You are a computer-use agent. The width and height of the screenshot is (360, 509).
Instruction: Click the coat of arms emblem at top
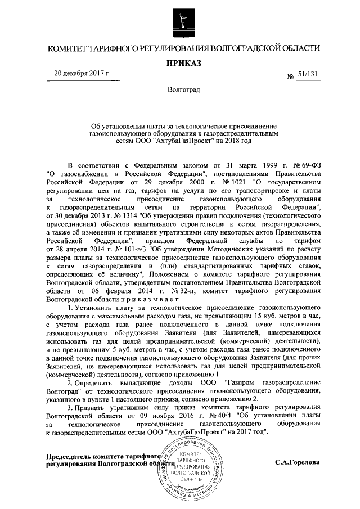pyautogui.click(x=179, y=21)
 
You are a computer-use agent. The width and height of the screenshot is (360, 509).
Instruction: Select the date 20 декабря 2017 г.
pyautogui.click(x=82, y=74)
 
